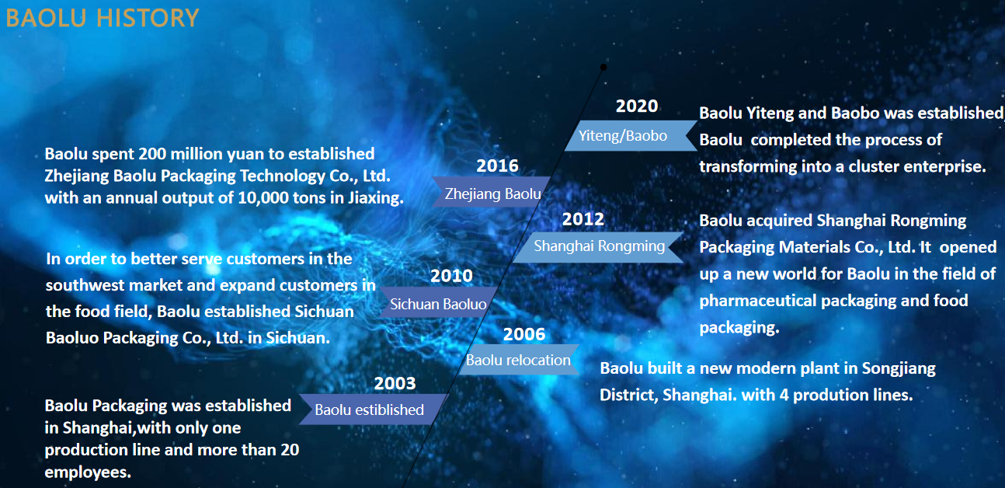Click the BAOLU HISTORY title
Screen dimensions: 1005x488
click(103, 18)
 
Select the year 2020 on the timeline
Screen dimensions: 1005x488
click(637, 106)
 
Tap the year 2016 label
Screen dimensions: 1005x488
click(497, 166)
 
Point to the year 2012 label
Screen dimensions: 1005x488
click(582, 219)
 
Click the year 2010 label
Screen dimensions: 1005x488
click(451, 276)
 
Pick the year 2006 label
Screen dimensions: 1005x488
click(524, 334)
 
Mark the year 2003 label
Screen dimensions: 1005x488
click(395, 383)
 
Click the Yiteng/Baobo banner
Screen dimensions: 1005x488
click(631, 135)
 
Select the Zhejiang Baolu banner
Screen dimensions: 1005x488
click(491, 192)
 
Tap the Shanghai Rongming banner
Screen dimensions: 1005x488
click(599, 247)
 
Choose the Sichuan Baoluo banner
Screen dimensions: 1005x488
click(439, 302)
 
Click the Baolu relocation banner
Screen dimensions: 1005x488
click(519, 359)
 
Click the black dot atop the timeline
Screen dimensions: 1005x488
click(603, 68)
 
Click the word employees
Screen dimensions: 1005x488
click(88, 472)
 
